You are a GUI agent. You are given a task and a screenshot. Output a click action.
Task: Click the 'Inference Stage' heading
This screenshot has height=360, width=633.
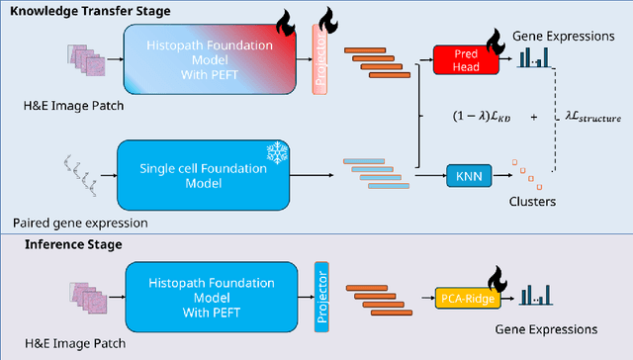pyautogui.click(x=57, y=242)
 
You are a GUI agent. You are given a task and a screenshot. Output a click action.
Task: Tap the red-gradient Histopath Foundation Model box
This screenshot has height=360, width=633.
pyautogui.click(x=208, y=61)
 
